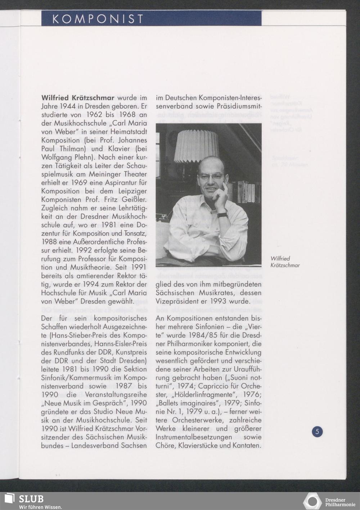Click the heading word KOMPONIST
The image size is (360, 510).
point(98,19)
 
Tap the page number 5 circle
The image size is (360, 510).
point(317,431)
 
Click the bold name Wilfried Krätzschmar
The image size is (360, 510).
point(78,98)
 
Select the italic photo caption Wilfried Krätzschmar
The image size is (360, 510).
point(285,262)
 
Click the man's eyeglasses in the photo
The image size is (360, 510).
point(211,177)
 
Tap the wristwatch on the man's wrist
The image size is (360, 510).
point(222,215)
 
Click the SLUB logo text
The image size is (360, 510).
point(31,499)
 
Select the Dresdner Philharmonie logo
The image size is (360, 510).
point(329,501)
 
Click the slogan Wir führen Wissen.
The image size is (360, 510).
point(40,507)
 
